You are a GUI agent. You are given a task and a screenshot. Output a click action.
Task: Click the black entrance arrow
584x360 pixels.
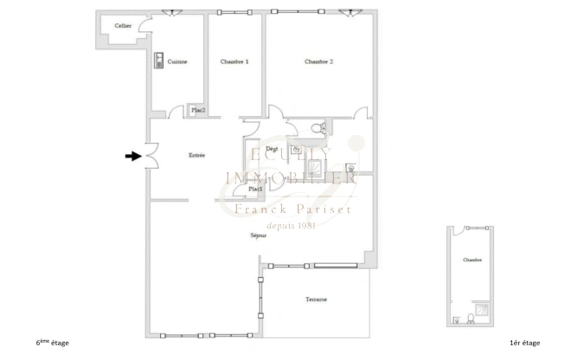coord(132,157)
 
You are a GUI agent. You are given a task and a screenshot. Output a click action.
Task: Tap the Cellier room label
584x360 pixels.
coord(123,26)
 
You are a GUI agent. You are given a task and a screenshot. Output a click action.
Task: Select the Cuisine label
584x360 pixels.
coord(178,61)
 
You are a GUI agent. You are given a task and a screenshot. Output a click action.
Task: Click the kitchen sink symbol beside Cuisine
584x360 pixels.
coord(160,61)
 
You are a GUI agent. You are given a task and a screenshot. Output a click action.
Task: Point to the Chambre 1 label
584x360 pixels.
coord(234,61)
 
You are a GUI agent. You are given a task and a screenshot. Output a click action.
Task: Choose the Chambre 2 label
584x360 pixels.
coord(318,61)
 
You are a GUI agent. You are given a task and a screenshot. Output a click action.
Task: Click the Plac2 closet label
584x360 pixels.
coord(198,110)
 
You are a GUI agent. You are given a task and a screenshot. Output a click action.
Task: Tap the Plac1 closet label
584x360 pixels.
coord(255,189)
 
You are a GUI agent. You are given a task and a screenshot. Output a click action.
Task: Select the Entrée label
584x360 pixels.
coord(196,155)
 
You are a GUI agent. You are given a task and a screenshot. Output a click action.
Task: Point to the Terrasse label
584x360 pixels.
coord(316,299)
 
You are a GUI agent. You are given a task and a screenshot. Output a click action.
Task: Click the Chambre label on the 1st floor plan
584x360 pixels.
coord(472,260)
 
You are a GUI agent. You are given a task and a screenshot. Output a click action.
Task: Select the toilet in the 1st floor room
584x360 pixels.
coord(468,316)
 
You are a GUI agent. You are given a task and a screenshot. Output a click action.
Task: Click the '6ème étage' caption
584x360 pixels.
coord(53,344)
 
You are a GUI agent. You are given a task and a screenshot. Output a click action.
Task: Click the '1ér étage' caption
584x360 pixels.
coord(525,344)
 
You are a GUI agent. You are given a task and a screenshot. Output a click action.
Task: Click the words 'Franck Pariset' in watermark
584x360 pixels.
coord(292,209)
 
